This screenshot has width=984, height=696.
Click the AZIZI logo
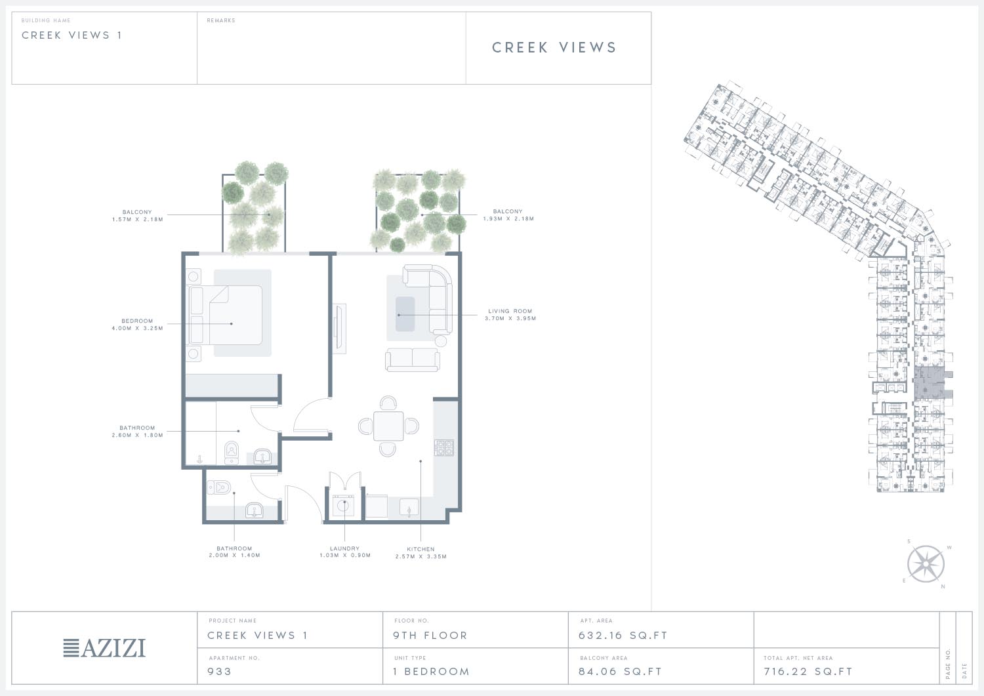[x=104, y=648]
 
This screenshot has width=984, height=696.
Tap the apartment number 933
[x=219, y=671]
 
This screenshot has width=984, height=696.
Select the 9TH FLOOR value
[x=430, y=636]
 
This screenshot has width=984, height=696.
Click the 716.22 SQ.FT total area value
[x=808, y=671]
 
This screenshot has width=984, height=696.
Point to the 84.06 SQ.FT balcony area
[x=621, y=671]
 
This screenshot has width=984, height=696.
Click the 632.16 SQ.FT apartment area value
[x=623, y=636]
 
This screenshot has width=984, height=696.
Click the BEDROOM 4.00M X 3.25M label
[x=138, y=324]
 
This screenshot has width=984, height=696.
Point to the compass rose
[x=926, y=563]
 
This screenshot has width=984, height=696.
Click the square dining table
[x=388, y=426]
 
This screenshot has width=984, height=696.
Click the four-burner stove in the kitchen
[x=444, y=448]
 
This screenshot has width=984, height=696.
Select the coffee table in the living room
[x=405, y=314]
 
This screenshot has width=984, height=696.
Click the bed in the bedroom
[x=226, y=315]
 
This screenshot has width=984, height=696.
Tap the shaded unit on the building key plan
[x=930, y=383]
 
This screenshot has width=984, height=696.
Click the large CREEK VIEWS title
[x=554, y=47]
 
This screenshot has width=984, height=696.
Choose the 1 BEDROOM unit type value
[x=432, y=671]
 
